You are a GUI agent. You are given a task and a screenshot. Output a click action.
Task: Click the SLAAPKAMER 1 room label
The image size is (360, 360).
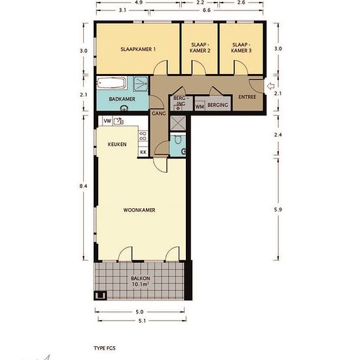click(x=138, y=49)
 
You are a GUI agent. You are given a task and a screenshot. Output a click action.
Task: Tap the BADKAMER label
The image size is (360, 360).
click(x=122, y=99)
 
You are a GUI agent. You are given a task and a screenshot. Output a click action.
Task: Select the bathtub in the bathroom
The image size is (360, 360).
click(x=111, y=83)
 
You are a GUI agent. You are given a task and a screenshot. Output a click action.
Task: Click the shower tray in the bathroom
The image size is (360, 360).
click(x=141, y=84)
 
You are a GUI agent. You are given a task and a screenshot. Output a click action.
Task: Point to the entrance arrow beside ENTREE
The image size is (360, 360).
click(x=271, y=86)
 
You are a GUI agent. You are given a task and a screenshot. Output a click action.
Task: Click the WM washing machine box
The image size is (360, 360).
click(x=200, y=107)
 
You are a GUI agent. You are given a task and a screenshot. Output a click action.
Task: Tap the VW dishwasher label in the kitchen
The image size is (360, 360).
click(x=107, y=121)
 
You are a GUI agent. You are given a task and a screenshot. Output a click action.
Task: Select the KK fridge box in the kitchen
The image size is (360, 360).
click(x=143, y=152)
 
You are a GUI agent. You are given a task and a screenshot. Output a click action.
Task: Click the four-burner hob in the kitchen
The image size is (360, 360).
click(x=143, y=135)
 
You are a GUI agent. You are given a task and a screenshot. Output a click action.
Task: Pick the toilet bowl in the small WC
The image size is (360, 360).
click(x=177, y=139)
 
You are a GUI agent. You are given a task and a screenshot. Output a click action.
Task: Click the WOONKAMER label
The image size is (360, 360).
click(x=139, y=210)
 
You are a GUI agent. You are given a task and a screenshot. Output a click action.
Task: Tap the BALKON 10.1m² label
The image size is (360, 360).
click(x=140, y=281)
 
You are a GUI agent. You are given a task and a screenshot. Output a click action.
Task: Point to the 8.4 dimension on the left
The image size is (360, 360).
click(x=83, y=186)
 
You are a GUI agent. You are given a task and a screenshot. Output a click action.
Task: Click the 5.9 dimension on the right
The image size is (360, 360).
click(x=278, y=209)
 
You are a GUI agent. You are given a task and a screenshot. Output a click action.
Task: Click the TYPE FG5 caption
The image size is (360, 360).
click(x=105, y=348)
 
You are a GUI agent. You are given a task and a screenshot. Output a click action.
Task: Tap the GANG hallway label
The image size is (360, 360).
click(x=158, y=113)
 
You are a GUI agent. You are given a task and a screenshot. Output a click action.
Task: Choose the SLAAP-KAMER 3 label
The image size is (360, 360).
click(x=241, y=48)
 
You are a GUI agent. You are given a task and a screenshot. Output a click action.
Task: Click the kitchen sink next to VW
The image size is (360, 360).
click(x=118, y=121)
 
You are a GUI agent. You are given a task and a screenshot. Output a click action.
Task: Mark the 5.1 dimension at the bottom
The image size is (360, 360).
click(x=142, y=321)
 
